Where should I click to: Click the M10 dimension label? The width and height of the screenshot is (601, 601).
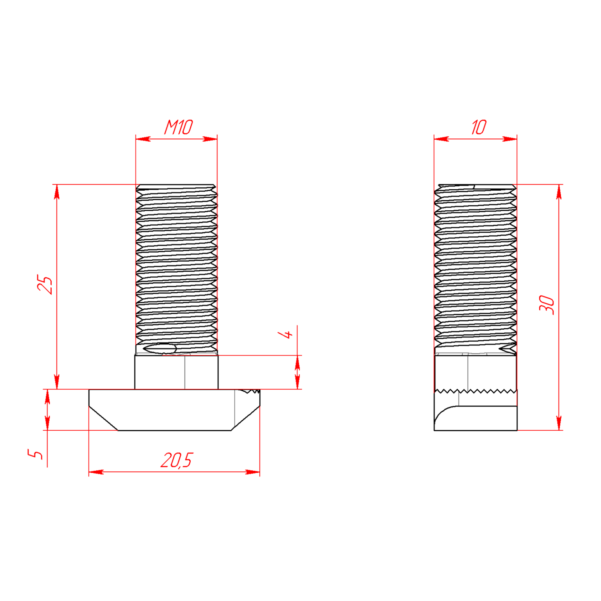[x=178, y=127]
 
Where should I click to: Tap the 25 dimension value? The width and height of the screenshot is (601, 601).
[x=45, y=284]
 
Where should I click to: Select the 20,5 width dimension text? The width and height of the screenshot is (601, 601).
[x=177, y=460]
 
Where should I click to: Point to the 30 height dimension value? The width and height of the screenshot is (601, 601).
[x=547, y=305]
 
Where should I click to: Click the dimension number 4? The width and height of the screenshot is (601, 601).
[x=285, y=335]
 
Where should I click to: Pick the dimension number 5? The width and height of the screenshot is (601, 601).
[x=35, y=454]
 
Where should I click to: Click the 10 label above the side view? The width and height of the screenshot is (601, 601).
[x=479, y=127]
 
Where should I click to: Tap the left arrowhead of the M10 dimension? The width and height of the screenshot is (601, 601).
[x=143, y=139]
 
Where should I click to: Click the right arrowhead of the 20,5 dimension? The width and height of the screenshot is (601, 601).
[x=252, y=472]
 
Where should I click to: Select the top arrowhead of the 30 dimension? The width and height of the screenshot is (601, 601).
[x=559, y=192]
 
